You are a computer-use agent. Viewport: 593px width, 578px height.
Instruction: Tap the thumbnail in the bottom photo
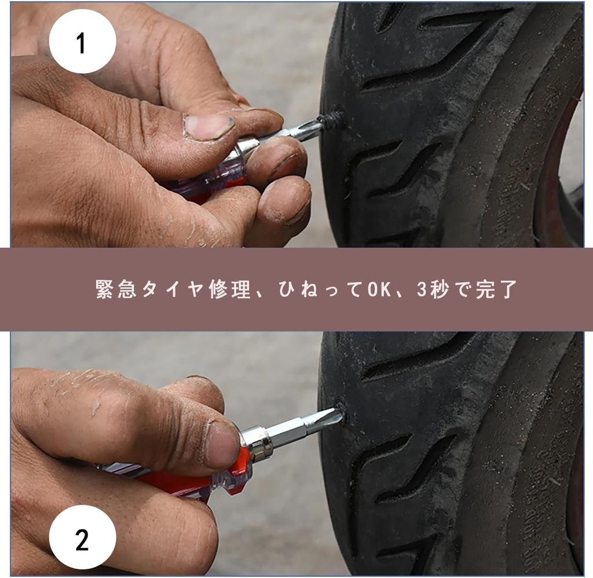[223, 445]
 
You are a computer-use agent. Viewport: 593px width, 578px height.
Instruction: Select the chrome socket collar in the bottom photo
[258, 443]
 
